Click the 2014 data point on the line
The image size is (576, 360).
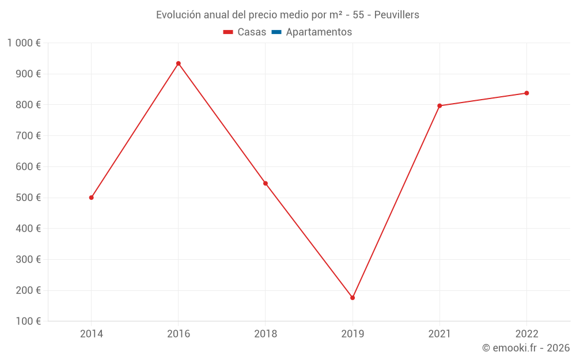(91, 198)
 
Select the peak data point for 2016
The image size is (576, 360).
(178, 63)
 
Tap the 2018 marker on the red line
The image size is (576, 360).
(266, 183)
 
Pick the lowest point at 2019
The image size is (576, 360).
(353, 298)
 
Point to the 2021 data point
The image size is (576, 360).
(439, 106)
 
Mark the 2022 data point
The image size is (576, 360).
(526, 93)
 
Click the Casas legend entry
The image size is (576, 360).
(245, 32)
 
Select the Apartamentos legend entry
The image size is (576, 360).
(319, 32)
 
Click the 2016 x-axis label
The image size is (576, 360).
(178, 334)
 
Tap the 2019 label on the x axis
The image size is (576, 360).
(353, 334)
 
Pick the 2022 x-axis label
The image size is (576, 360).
(526, 334)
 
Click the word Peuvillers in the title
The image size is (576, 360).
(397, 15)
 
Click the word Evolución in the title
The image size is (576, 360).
(179, 15)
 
